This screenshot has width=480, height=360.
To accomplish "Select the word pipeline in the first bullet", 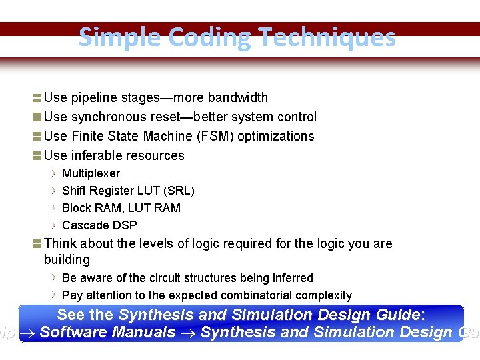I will [93, 98].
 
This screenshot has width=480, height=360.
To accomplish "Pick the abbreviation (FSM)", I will [215, 137].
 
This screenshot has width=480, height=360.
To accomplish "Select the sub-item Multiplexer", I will [91, 173].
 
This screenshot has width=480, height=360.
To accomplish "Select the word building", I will [67, 259].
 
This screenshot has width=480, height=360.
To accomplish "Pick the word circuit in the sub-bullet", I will [171, 278].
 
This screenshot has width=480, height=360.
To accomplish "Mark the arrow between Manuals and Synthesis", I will [188, 333].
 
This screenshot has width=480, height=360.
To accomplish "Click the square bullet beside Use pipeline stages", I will [37, 98].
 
